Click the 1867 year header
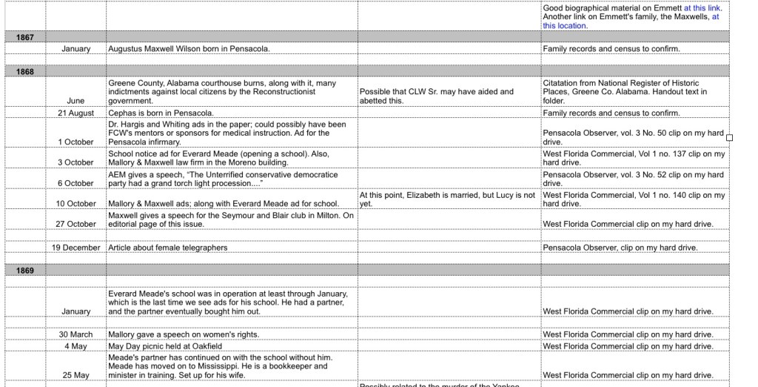point(24,36)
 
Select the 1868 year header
point(24,71)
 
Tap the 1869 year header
point(24,271)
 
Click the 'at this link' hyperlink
point(702,8)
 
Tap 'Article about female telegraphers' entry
point(168,247)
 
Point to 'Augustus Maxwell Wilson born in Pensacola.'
point(189,49)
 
